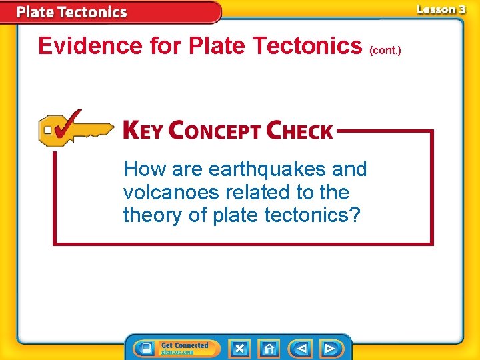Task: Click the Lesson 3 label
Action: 441,9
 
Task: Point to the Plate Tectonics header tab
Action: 71,12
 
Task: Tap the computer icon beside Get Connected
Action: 144,348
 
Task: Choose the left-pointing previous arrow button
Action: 301,348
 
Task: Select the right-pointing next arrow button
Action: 330,348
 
